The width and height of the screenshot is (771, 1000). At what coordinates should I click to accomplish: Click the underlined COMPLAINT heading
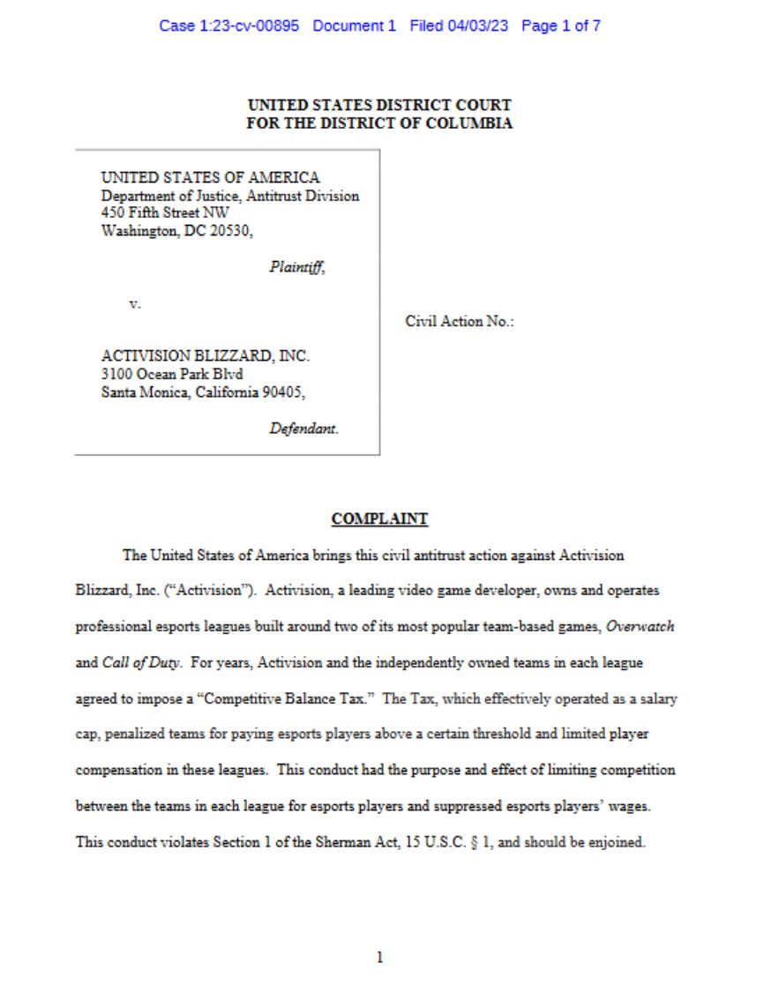379,519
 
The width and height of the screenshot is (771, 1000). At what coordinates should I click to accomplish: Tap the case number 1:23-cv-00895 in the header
229,26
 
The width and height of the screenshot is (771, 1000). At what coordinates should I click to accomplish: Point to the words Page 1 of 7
561,26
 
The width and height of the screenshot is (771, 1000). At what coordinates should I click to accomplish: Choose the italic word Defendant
303,429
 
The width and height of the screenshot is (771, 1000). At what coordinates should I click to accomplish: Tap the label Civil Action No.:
460,321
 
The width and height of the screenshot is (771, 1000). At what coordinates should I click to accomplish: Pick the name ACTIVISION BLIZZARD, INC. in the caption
206,356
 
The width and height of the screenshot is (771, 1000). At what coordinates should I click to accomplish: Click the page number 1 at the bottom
379,957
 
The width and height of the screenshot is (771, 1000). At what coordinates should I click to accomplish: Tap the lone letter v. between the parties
135,303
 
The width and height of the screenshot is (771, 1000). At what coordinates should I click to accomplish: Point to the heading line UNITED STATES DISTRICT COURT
379,106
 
